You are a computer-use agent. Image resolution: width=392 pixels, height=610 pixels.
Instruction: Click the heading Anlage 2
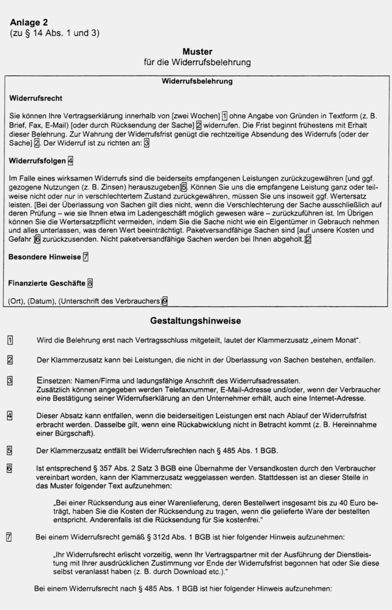(29, 22)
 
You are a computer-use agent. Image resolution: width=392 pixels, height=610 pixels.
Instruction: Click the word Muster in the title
(197, 51)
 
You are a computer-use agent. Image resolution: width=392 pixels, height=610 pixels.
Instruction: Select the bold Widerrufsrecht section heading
(36, 98)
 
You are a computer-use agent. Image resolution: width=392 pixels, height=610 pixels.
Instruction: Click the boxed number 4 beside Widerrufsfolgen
(70, 161)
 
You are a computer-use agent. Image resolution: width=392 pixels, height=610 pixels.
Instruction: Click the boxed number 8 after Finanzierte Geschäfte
(90, 282)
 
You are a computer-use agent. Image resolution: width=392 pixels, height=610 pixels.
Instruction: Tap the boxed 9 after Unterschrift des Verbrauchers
(165, 301)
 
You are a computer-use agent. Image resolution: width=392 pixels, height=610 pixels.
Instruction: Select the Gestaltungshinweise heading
(196, 321)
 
